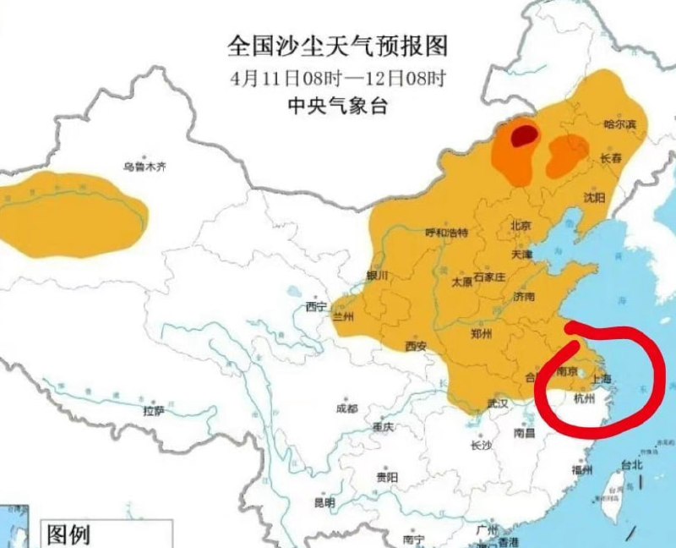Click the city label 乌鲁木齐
pos(144,167)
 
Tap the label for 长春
pos(611,158)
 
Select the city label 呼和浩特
pos(445,233)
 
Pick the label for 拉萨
pos(153,411)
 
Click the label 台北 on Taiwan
pos(632,464)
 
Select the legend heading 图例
pos(68,534)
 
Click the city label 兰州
pos(343,318)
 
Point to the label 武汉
pos(497,404)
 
